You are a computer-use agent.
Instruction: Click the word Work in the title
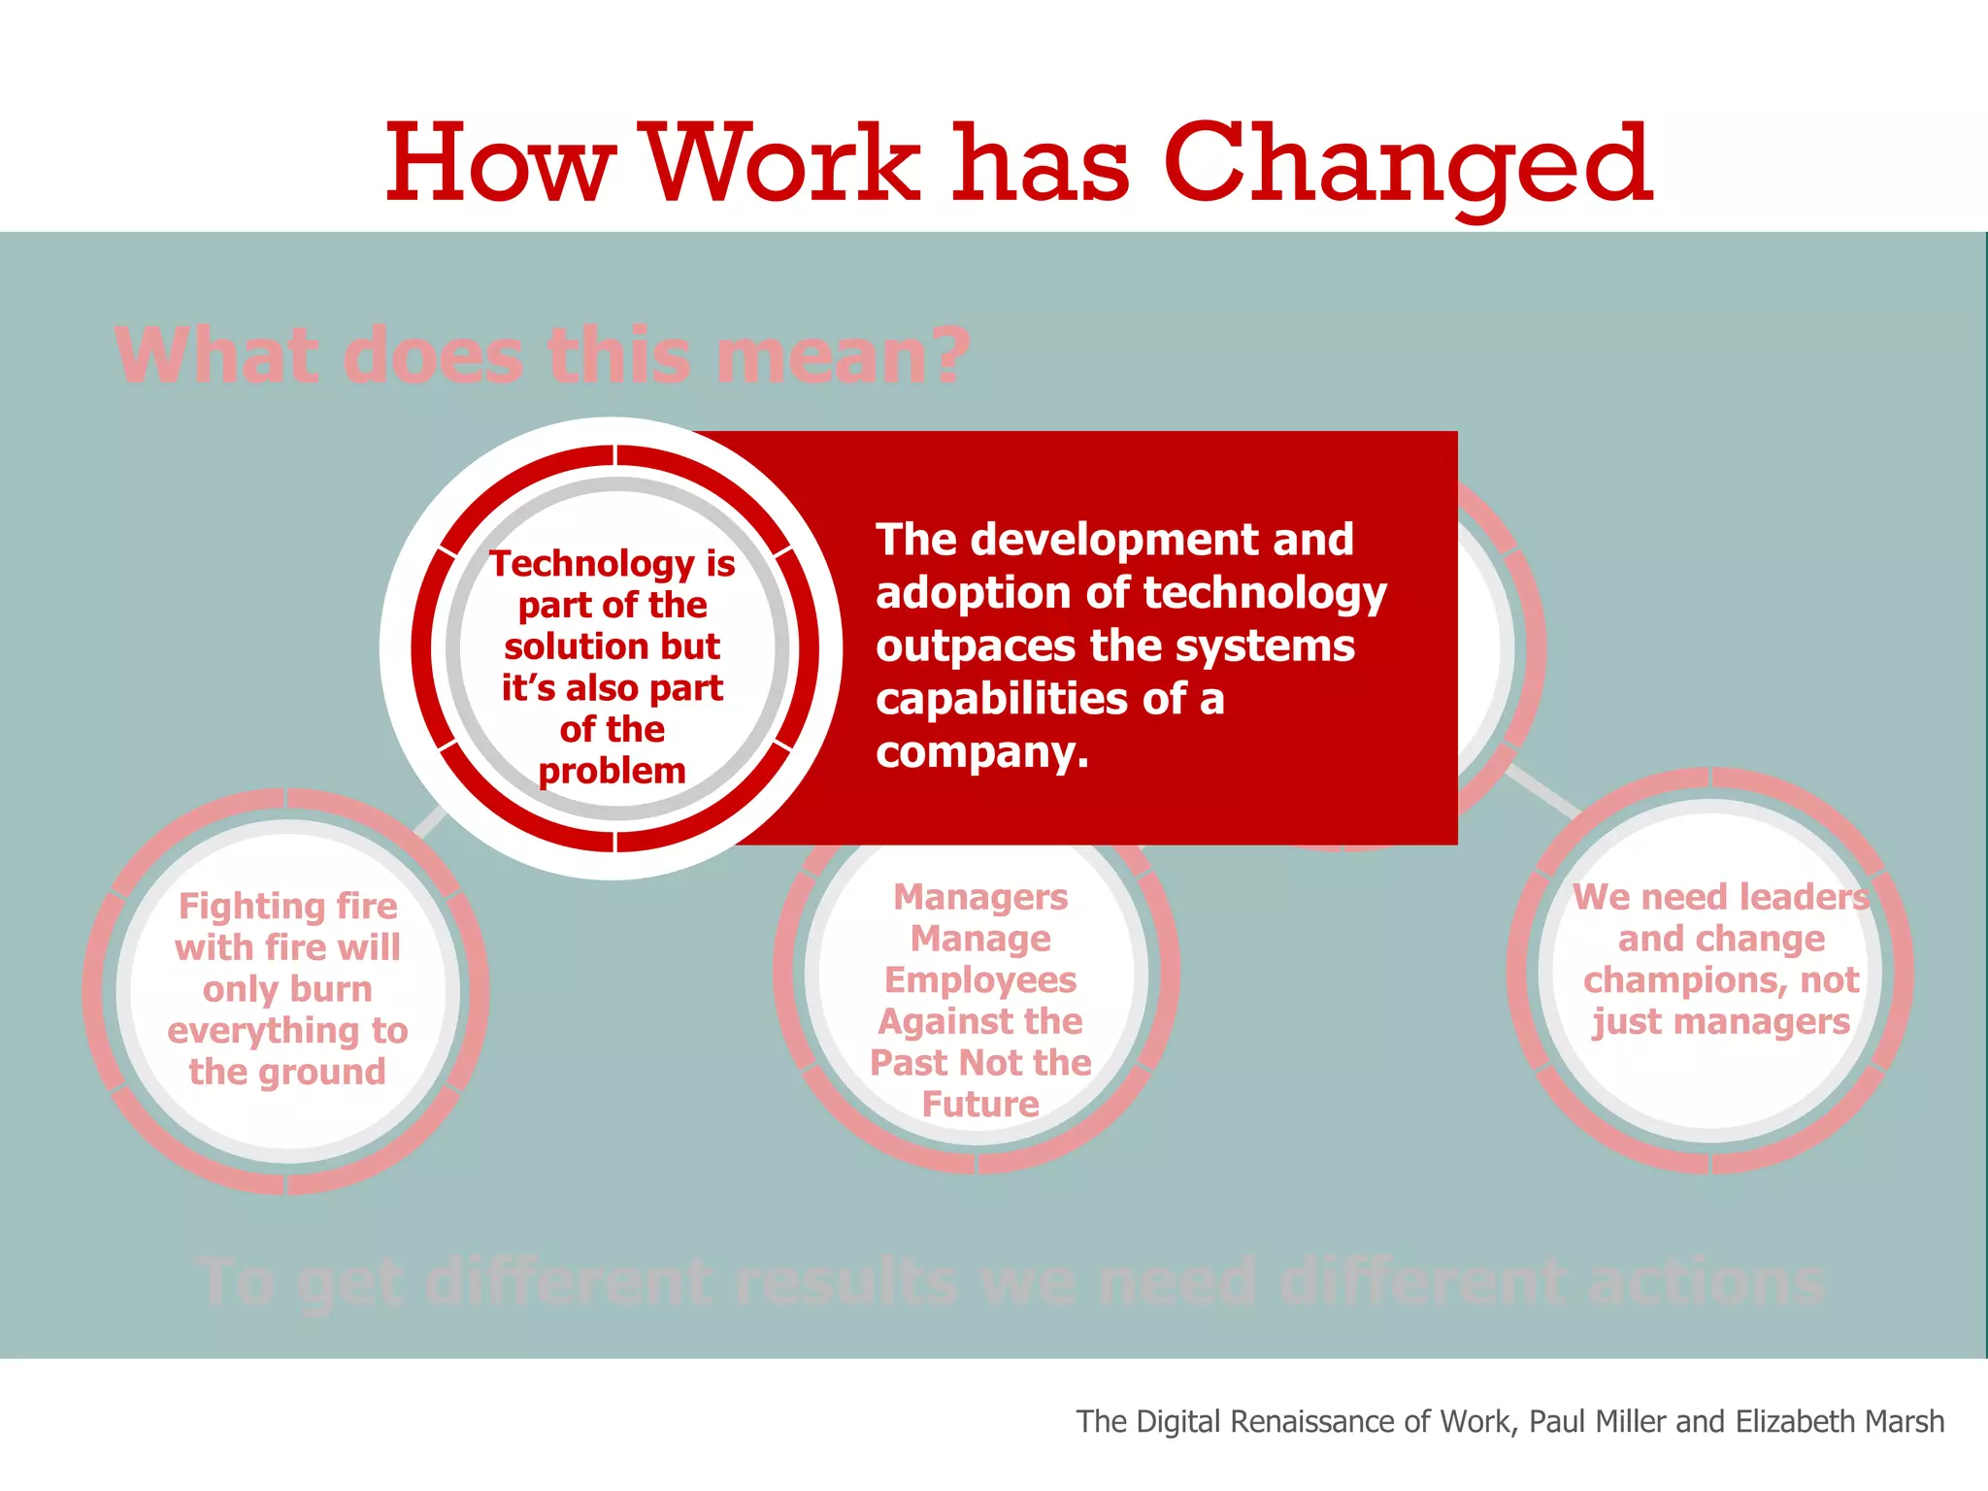point(782,165)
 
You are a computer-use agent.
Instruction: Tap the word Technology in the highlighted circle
point(592,564)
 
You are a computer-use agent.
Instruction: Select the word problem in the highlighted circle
point(612,772)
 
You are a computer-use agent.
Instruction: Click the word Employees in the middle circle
point(980,980)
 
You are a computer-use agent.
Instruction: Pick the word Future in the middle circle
point(980,1105)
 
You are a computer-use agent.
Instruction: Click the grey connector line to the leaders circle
point(1543,791)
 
